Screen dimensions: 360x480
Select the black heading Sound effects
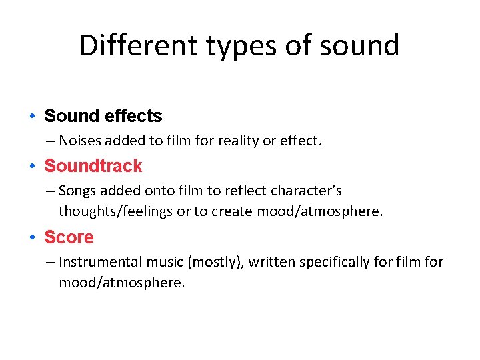tap(103, 116)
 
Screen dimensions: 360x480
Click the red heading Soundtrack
tap(93, 166)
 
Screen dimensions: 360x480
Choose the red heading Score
tap(69, 237)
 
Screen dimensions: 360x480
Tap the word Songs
tap(77, 191)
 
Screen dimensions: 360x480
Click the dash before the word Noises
tap(51, 141)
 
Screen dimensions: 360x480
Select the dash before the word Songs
tap(51, 191)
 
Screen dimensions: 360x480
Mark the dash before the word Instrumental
tap(51, 263)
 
